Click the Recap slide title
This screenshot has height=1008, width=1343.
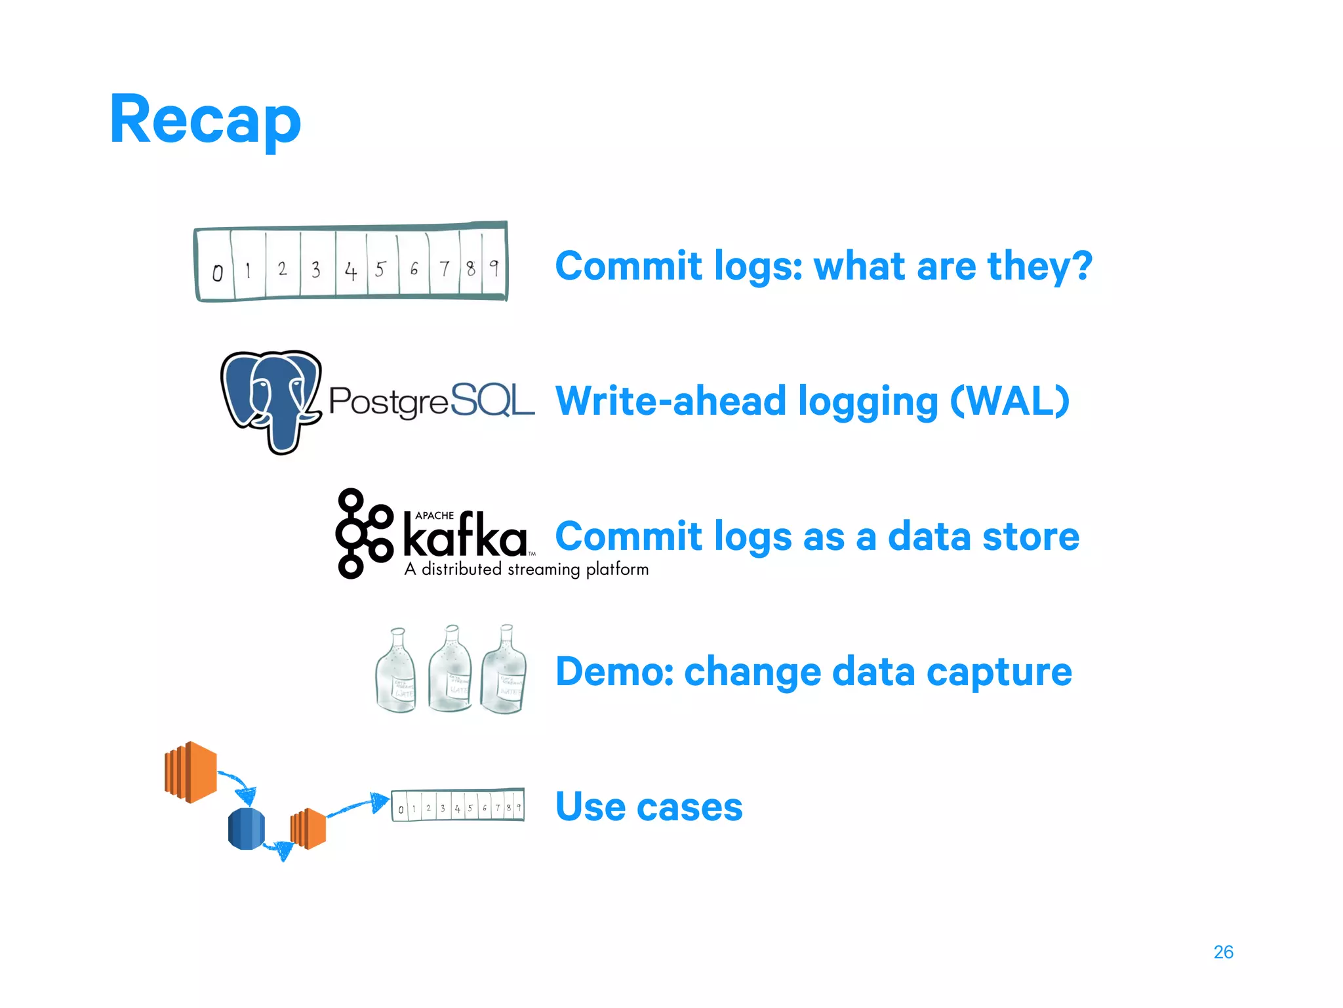(x=205, y=119)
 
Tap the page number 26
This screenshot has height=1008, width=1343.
(x=1223, y=952)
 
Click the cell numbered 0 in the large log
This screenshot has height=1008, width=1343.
(x=217, y=272)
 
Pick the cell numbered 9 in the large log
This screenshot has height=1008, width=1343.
(x=494, y=268)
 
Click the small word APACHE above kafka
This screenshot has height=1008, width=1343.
(x=434, y=516)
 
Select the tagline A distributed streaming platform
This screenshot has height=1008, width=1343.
(x=527, y=569)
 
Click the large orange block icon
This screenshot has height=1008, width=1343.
(x=191, y=772)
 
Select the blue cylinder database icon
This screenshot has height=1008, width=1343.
(x=247, y=828)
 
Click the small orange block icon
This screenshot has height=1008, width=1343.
(x=308, y=828)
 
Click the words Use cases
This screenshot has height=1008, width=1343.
(x=649, y=807)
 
